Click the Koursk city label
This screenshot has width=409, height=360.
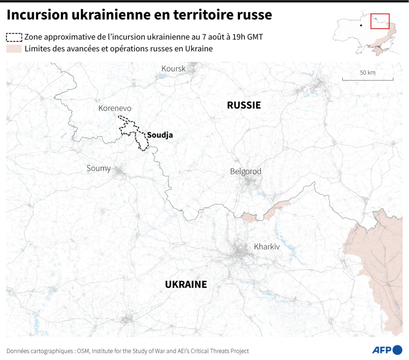[x=173, y=69]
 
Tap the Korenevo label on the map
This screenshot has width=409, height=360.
[x=115, y=108]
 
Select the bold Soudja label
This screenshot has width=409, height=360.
[x=160, y=135]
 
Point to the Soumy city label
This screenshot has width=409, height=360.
[x=98, y=168]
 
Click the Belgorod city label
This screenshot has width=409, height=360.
[x=245, y=171]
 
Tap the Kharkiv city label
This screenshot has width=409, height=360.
[x=267, y=246]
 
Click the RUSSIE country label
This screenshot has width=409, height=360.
[x=244, y=105]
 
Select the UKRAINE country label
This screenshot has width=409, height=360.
[x=186, y=284]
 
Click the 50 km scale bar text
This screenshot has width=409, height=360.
[x=368, y=73]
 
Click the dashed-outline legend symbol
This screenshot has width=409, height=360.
[x=14, y=37]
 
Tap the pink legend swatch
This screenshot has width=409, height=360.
[x=14, y=49]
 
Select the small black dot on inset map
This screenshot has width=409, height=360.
[x=361, y=24]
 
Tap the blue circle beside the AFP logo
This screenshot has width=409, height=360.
[x=398, y=349]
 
